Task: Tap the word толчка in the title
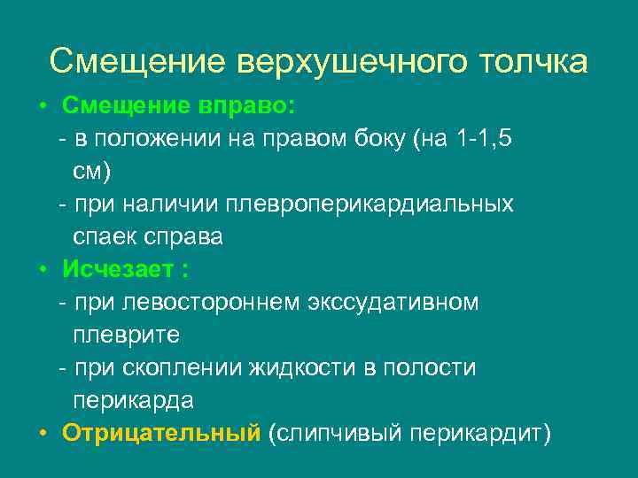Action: coord(532,62)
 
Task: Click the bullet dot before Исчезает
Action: coord(43,269)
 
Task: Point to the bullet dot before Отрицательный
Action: coord(43,433)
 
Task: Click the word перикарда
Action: coord(133,400)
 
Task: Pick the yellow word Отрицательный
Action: coord(161,433)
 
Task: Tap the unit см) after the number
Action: coord(91,172)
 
